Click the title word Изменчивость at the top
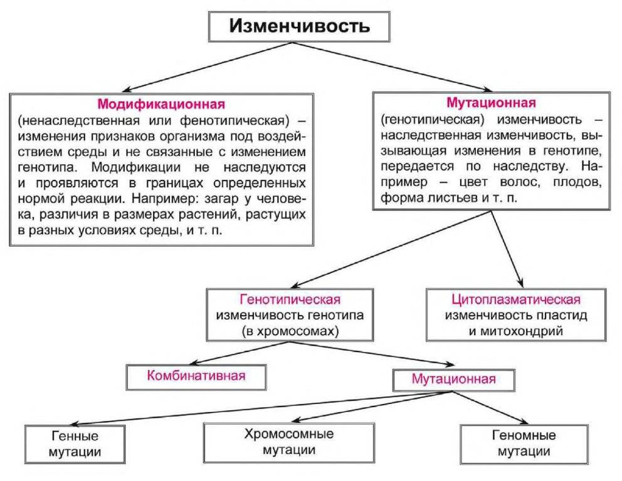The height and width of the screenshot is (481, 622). coord(300,26)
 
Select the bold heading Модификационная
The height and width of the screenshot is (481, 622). coord(161,104)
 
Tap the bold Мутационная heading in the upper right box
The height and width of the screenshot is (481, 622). coord(491,103)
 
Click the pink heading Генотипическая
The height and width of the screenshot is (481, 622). coord(290,299)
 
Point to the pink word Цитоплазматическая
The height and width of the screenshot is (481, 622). coord(515,299)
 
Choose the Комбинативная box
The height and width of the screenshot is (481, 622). coord(196,377)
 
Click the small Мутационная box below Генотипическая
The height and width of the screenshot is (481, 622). coord(454,380)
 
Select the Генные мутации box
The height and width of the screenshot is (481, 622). coord(75,444)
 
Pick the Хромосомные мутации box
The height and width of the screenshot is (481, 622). coord(289,443)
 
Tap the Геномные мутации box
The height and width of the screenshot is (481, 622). coord(524,444)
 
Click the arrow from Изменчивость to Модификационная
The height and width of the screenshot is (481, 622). coord(208,67)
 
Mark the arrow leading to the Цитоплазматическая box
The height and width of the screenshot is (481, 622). coord(507,249)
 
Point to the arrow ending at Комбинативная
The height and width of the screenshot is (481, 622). coord(240,353)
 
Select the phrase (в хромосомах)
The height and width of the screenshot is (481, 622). coord(290,331)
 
